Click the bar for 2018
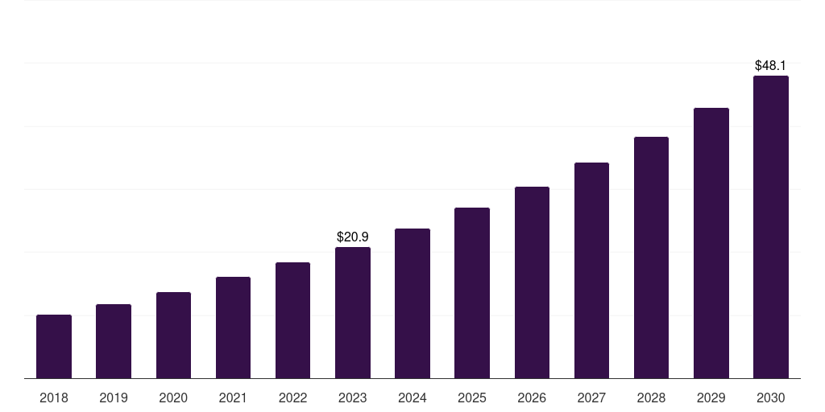click(x=54, y=346)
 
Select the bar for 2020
click(x=173, y=335)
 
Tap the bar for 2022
click(x=292, y=320)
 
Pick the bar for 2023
click(x=353, y=312)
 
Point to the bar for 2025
click(x=472, y=293)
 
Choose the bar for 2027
click(x=591, y=270)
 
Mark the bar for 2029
click(x=711, y=243)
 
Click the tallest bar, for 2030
click(x=771, y=227)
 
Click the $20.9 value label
click(x=353, y=237)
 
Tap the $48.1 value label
click(x=771, y=66)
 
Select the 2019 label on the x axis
click(x=114, y=398)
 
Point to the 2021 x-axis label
click(x=233, y=398)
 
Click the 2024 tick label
click(x=412, y=398)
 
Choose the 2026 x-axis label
click(x=532, y=398)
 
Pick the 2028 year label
click(x=651, y=398)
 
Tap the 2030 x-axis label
click(x=771, y=398)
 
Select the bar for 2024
click(x=412, y=303)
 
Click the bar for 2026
click(x=532, y=282)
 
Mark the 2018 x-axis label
click(x=54, y=398)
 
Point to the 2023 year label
click(x=353, y=398)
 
